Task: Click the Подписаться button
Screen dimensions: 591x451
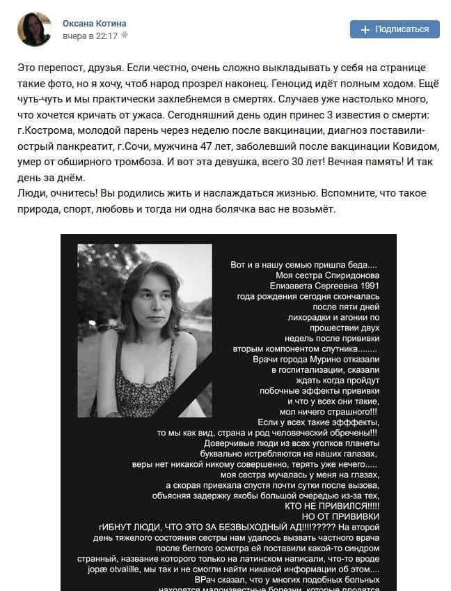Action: [x=395, y=29]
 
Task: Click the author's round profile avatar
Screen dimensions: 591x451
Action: [x=34, y=29]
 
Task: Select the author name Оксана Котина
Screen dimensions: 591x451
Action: [x=94, y=23]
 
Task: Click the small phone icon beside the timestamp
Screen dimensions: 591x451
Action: [x=125, y=35]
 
